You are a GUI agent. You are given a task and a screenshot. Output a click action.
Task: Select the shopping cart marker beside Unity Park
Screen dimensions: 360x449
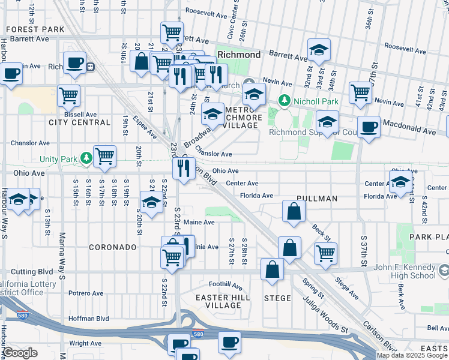pyautogui.click(x=105, y=156)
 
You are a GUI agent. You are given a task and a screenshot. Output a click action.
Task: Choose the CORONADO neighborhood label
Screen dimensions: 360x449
pyautogui.click(x=113, y=247)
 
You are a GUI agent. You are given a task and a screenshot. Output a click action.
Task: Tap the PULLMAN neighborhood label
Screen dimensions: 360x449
pyautogui.click(x=316, y=198)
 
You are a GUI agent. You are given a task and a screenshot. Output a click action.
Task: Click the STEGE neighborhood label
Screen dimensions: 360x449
pyautogui.click(x=277, y=298)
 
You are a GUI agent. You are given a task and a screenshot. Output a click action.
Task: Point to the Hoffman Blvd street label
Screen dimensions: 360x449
pyautogui.click(x=88, y=319)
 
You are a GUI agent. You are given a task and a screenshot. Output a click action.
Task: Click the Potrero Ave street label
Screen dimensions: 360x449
pyautogui.click(x=86, y=293)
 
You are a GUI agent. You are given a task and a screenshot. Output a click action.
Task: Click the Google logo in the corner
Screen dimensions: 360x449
pyautogui.click(x=20, y=353)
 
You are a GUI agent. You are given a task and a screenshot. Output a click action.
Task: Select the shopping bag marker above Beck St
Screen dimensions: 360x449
pyautogui.click(x=294, y=211)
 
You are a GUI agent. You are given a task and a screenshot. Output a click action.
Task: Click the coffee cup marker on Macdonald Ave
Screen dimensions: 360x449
pyautogui.click(x=369, y=127)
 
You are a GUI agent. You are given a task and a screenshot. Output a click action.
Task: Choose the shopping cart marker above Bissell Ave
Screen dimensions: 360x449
pyautogui.click(x=69, y=94)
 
